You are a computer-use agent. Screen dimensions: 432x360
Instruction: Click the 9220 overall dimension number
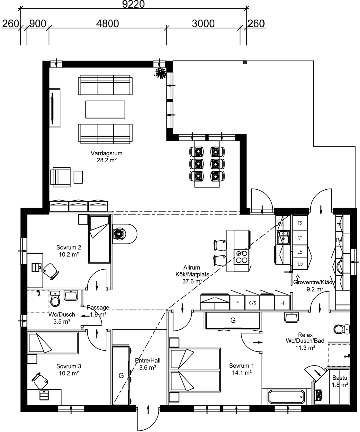pyautogui.click(x=133, y=4)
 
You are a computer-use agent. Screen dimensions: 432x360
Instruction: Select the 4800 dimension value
pyautogui.click(x=107, y=23)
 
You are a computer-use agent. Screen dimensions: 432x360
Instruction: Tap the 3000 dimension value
pyautogui.click(x=203, y=23)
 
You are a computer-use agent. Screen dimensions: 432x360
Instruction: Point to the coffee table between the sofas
pyautogui.click(x=105, y=109)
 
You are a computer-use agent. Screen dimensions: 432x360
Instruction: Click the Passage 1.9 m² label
pyautogui.click(x=98, y=311)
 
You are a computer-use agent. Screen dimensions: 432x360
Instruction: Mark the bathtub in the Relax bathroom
pyautogui.click(x=286, y=397)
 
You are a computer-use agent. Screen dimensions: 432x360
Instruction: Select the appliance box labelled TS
pyautogui.click(x=300, y=223)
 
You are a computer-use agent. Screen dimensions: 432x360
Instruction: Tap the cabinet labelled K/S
pyautogui.click(x=252, y=303)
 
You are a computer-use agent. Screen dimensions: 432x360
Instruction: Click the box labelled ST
pyautogui.click(x=300, y=238)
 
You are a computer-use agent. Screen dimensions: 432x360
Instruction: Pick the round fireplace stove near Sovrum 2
pyautogui.click(x=120, y=234)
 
